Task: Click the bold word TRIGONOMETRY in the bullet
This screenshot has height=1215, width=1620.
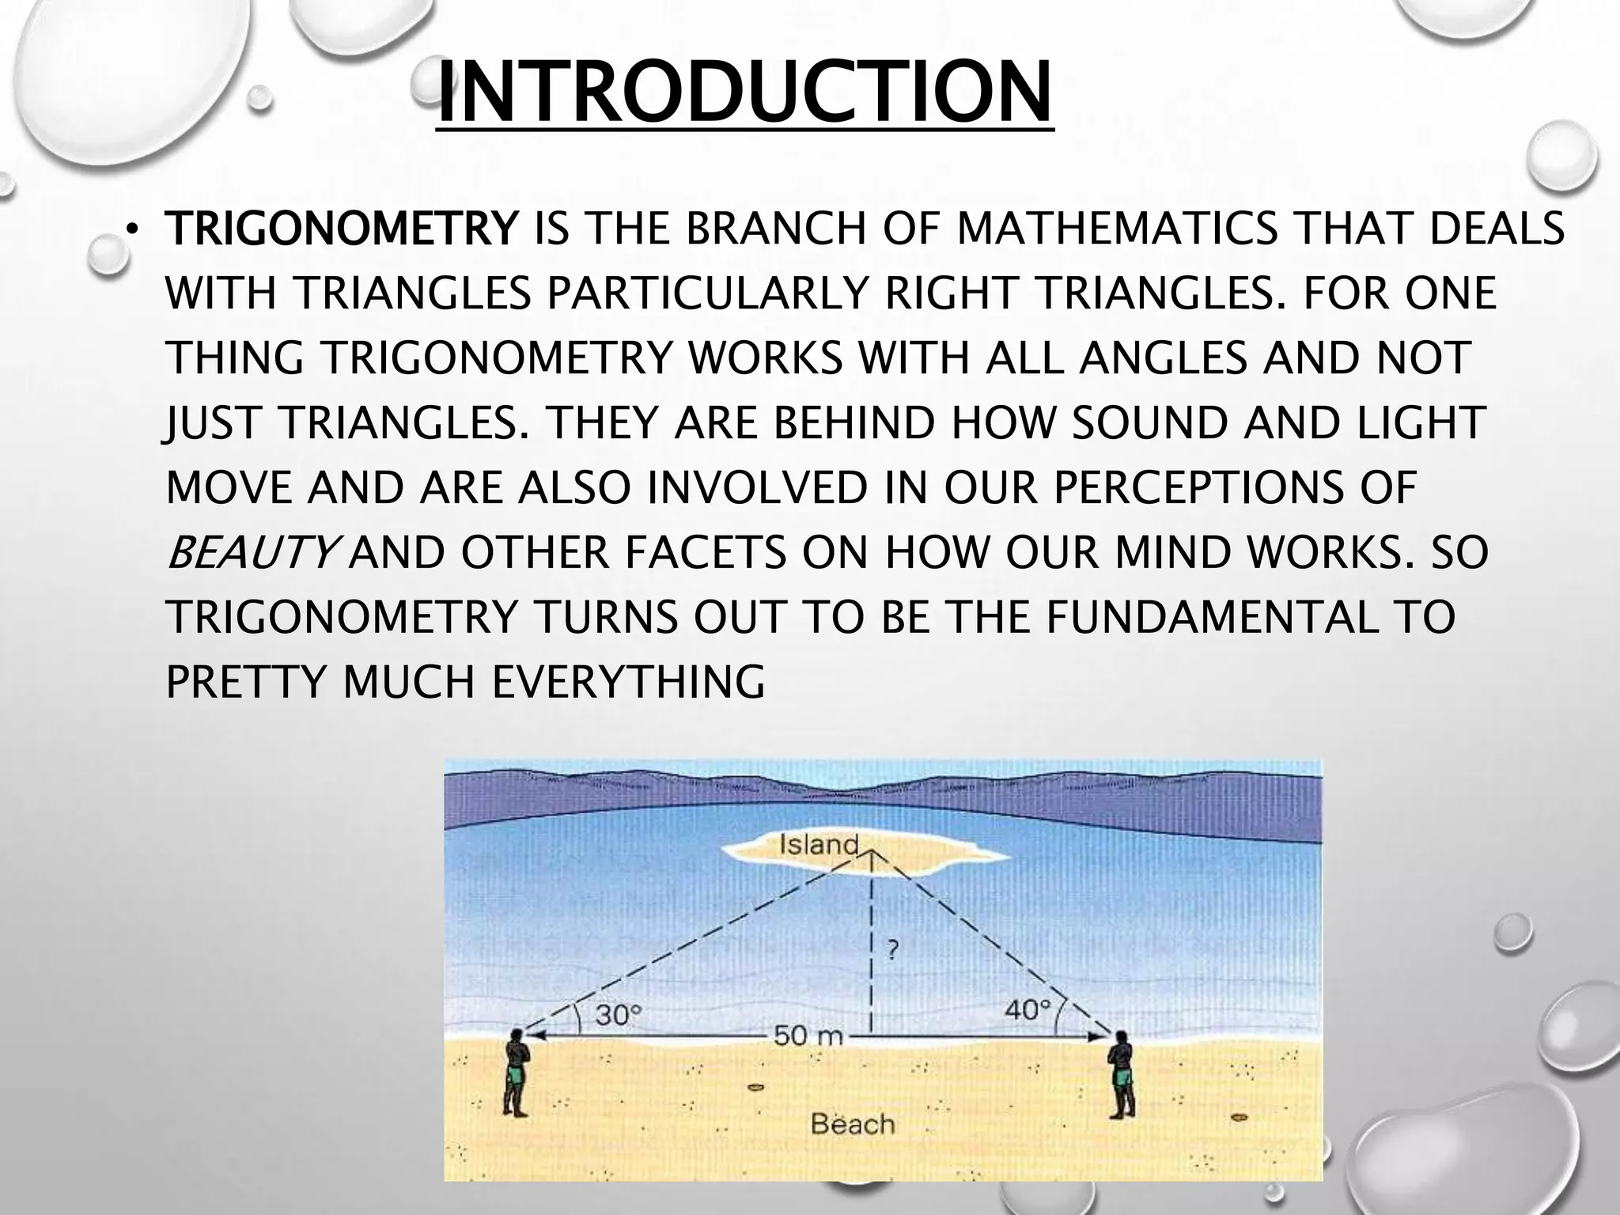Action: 340,229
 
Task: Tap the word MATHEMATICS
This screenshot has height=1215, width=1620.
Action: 1117,229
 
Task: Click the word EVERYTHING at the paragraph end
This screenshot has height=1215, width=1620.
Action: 628,682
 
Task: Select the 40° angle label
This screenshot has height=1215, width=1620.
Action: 1028,1011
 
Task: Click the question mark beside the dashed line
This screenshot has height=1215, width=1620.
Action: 891,949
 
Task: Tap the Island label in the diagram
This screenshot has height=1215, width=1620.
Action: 819,845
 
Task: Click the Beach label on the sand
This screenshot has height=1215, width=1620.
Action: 853,1124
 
